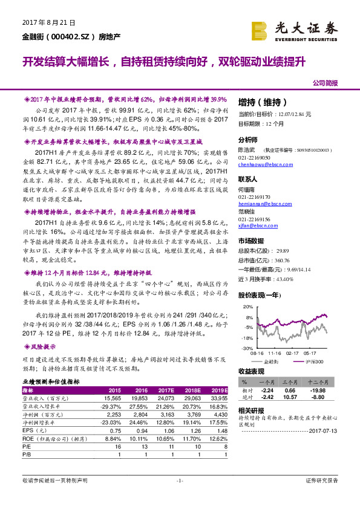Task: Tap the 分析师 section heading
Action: pyautogui.click(x=248, y=139)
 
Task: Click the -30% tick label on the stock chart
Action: pyautogui.click(x=247, y=349)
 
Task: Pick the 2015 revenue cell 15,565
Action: pyautogui.click(x=113, y=398)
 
